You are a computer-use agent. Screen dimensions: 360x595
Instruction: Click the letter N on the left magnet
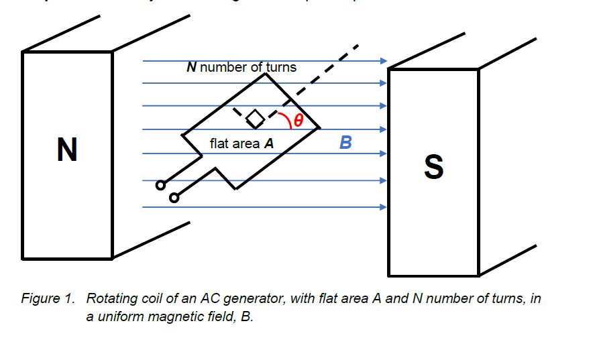pyautogui.click(x=67, y=149)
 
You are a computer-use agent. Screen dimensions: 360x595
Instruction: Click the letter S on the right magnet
pyautogui.click(x=433, y=167)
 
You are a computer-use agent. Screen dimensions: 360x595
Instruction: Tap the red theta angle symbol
pyautogui.click(x=299, y=121)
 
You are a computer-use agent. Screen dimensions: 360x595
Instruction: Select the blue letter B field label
pyautogui.click(x=345, y=142)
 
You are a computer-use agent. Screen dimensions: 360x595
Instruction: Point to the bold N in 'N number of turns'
pyautogui.click(x=191, y=67)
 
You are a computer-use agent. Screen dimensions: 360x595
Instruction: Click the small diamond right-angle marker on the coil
pyautogui.click(x=255, y=119)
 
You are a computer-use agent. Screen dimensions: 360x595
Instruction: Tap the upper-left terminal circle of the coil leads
pyautogui.click(x=160, y=185)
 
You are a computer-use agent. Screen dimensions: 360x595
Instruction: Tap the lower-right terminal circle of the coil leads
pyautogui.click(x=174, y=198)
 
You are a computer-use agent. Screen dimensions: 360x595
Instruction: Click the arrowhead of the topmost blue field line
pyautogui.click(x=384, y=61)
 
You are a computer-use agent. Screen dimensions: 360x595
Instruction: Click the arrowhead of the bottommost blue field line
pyautogui.click(x=384, y=207)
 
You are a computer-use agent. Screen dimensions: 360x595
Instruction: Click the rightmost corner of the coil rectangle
pyautogui.click(x=319, y=127)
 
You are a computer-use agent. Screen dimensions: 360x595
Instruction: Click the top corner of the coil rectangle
pyautogui.click(x=266, y=73)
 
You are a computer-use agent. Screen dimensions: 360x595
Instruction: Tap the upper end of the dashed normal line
pyautogui.click(x=358, y=46)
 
